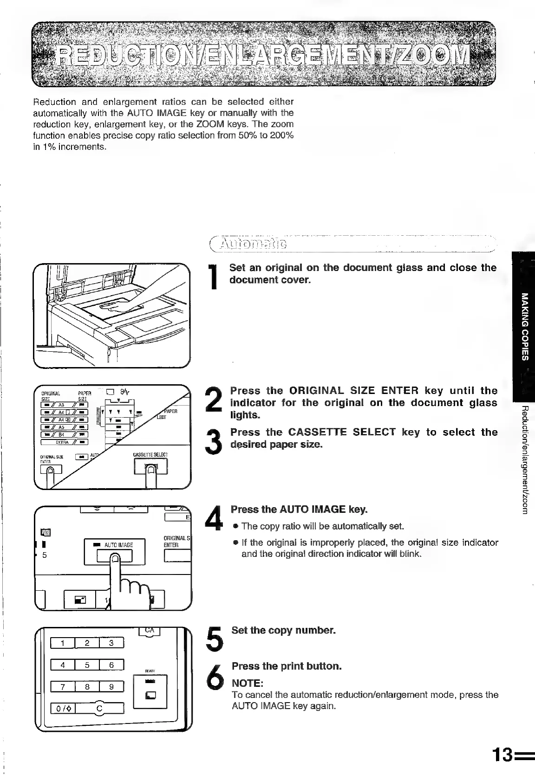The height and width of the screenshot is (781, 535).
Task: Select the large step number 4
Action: pyautogui.click(x=214, y=517)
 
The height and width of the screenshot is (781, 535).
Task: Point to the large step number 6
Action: pyautogui.click(x=214, y=675)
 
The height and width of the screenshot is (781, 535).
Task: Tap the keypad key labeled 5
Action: pyautogui.click(x=87, y=665)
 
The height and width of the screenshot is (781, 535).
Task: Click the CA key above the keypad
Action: pyautogui.click(x=150, y=630)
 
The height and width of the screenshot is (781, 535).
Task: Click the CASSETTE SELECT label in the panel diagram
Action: pyautogui.click(x=150, y=454)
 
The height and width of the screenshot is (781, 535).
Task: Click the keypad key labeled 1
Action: pyautogui.click(x=63, y=643)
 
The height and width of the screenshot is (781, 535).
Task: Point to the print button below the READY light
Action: pyautogui.click(x=150, y=695)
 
